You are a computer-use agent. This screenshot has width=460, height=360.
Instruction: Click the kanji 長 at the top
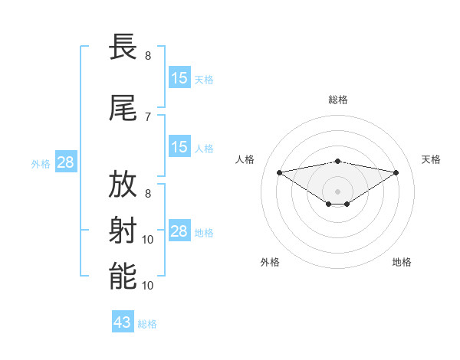[123, 47]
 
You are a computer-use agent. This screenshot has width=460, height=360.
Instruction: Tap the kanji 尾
[123, 109]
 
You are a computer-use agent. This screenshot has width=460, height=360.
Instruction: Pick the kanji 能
[123, 276]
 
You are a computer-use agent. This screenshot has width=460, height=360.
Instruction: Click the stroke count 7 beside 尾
[148, 116]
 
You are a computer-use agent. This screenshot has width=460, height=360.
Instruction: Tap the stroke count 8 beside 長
[148, 56]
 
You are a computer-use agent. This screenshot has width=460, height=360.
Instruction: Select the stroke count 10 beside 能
[149, 285]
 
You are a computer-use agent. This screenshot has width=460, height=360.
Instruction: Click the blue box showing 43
[123, 322]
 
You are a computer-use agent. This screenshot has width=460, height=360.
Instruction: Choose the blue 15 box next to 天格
[179, 78]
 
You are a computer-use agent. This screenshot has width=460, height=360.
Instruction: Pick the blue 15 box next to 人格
[179, 147]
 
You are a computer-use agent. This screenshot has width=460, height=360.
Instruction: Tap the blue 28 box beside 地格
[179, 231]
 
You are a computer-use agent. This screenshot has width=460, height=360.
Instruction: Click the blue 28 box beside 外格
[65, 162]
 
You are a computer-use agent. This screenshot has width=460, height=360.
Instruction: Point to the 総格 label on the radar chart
[337, 100]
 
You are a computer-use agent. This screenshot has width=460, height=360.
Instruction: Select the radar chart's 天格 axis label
[432, 159]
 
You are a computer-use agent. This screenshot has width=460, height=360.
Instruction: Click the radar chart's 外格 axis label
[270, 262]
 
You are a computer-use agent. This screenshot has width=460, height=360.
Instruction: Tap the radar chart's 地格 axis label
[402, 262]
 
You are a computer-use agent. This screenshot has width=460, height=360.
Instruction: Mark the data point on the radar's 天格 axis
[396, 172]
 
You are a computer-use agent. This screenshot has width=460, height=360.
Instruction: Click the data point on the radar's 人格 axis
[279, 172]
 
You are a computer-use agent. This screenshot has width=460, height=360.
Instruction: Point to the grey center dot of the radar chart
[337, 191]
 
